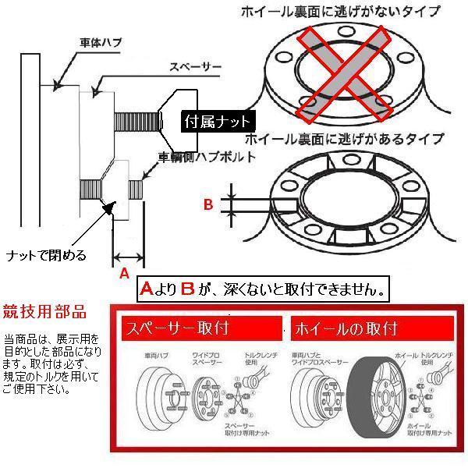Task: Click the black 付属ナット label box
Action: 218,122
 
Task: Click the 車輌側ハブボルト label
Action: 209,157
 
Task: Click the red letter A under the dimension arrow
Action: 122,273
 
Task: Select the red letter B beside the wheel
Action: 208,205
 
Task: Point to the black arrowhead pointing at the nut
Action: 110,209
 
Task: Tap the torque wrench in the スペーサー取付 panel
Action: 252,380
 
